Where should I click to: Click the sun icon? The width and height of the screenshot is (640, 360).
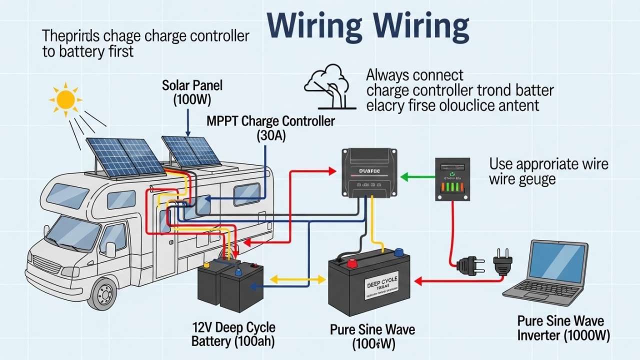pos(65,99)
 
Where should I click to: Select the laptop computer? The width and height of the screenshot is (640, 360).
pos(548,272)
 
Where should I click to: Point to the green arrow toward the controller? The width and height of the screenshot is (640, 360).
pos(418,176)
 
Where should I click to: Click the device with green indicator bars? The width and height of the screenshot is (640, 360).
pos(452,179)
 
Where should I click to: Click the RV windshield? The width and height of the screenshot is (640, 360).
pos(73,232)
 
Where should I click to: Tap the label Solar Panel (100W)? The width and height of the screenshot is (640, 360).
pos(192,92)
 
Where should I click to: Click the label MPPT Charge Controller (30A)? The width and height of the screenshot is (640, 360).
pos(271,128)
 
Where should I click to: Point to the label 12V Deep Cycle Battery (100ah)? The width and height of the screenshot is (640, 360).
pos(233,334)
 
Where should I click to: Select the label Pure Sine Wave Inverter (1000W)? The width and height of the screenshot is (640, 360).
pos(563,328)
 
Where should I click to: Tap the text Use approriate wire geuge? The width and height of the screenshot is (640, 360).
pos(548,171)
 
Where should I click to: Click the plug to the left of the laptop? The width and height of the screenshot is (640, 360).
pos(502,262)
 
